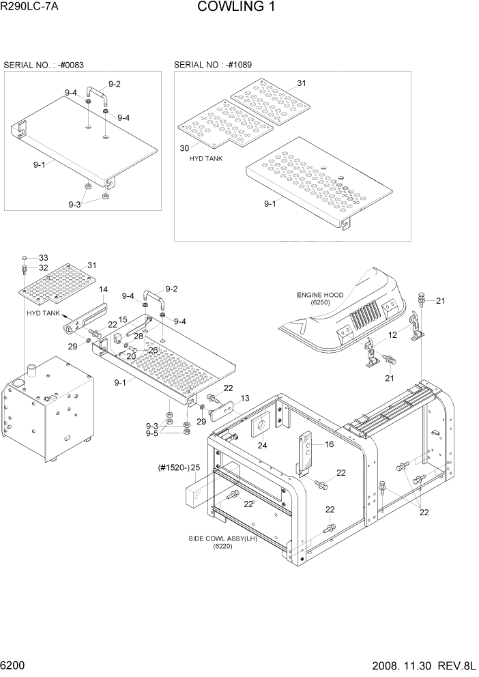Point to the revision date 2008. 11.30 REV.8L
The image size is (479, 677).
(417, 665)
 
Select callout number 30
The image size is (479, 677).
(184, 148)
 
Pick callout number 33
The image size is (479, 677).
(44, 257)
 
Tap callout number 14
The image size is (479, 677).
(104, 289)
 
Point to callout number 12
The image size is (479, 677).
(392, 335)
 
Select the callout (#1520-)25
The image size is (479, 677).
(178, 467)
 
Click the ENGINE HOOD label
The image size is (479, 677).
(319, 298)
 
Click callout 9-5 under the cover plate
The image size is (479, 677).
(152, 433)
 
